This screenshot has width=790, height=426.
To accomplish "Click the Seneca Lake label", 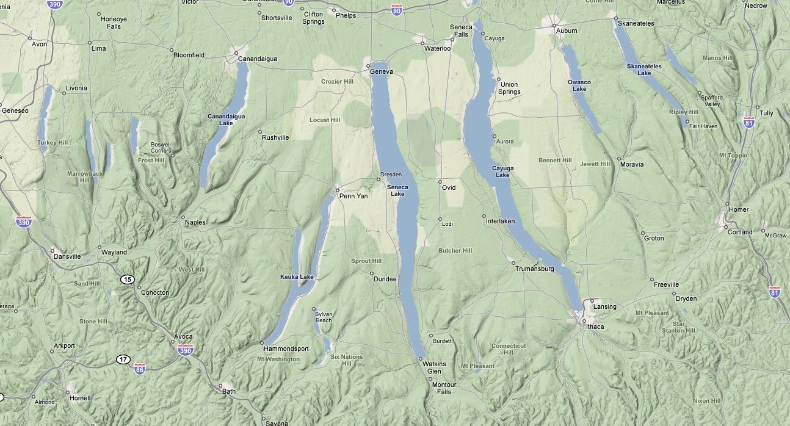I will [x=397, y=190].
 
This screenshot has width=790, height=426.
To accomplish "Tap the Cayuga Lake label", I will [x=502, y=171].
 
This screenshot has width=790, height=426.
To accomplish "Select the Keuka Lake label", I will [x=297, y=277].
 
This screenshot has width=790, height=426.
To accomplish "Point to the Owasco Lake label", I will [x=579, y=85].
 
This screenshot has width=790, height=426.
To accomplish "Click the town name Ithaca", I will [x=595, y=327].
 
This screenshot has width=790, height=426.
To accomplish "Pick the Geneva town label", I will [x=382, y=72].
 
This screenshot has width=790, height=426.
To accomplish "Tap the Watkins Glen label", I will [x=434, y=367].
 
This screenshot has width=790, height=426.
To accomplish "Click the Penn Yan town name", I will [x=353, y=197].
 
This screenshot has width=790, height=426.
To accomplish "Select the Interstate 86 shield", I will [x=140, y=369].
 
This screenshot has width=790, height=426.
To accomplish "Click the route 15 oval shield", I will [x=127, y=280].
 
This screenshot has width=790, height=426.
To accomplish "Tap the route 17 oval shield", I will [x=123, y=359].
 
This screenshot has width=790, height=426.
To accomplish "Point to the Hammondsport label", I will [x=286, y=349].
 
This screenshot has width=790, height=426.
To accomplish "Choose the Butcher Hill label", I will [x=455, y=251].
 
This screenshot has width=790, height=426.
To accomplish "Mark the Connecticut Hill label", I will [x=508, y=349].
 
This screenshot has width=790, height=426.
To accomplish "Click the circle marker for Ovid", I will [x=440, y=182].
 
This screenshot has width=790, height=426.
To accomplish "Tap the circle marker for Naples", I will [x=183, y=217].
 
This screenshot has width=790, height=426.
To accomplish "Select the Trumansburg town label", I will [x=534, y=269].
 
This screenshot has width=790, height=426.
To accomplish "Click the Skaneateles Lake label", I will [x=644, y=70].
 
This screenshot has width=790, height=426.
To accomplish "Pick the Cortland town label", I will [x=740, y=232].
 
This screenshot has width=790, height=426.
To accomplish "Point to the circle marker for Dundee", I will [x=371, y=273].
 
